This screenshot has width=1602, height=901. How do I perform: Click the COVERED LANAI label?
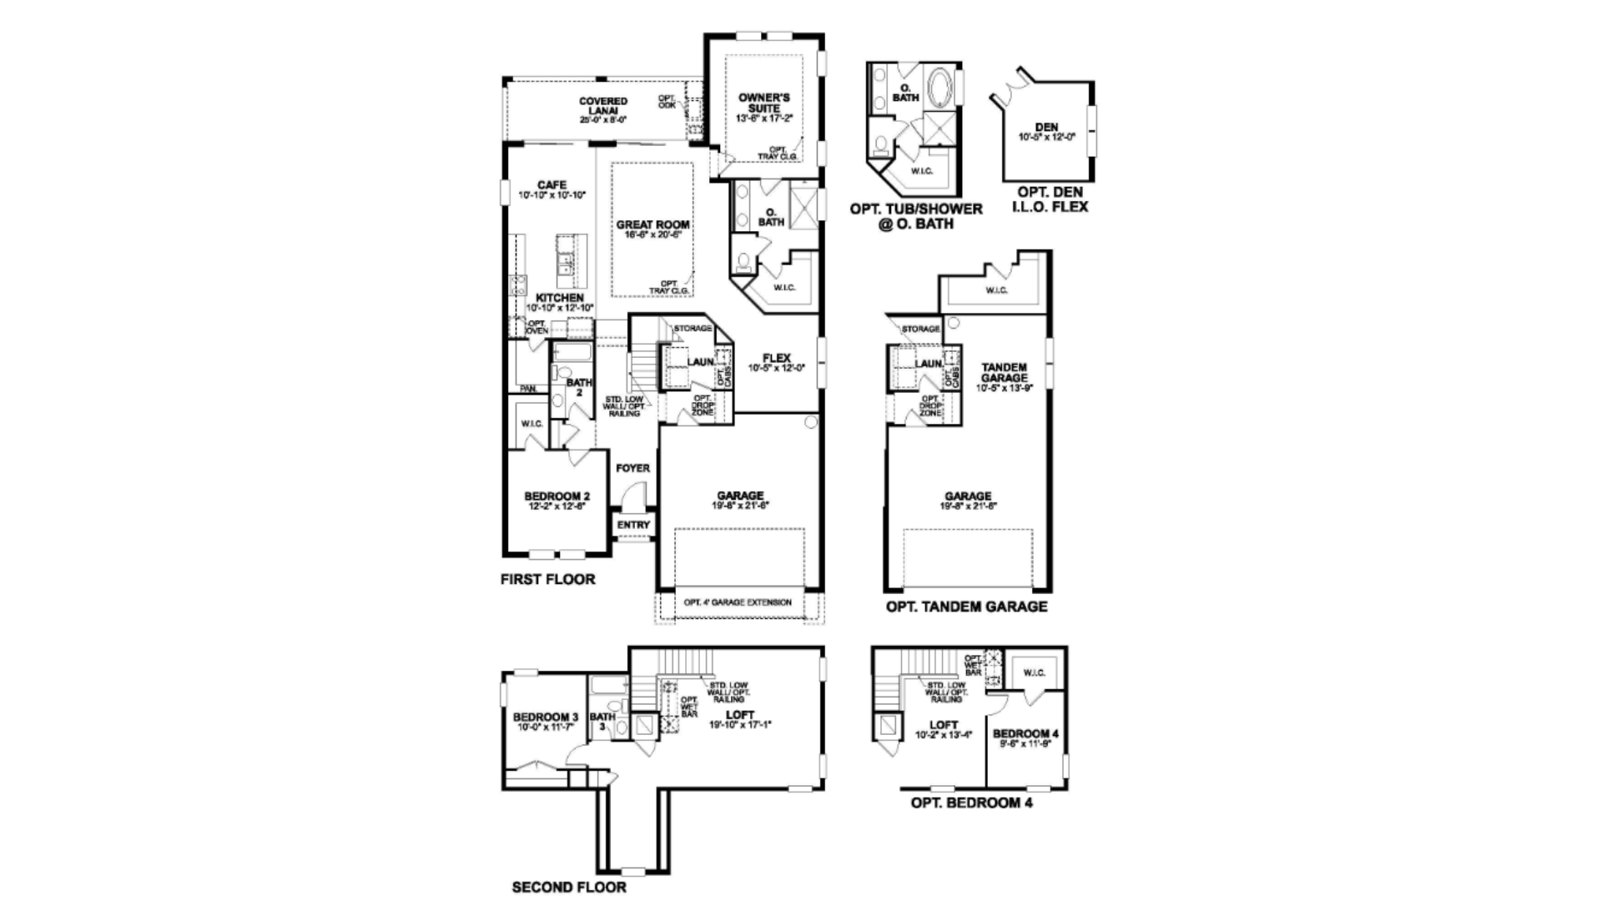pyautogui.click(x=603, y=107)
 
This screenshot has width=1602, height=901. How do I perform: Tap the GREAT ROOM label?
pyautogui.click(x=652, y=225)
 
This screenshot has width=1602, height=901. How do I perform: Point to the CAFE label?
pyautogui.click(x=552, y=186)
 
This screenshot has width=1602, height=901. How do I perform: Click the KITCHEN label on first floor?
pyautogui.click(x=559, y=298)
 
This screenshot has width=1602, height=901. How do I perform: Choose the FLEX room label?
pyautogui.click(x=776, y=359)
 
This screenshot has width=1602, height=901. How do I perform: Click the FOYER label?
pyautogui.click(x=632, y=469)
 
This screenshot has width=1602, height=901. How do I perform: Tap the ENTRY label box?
pyautogui.click(x=633, y=525)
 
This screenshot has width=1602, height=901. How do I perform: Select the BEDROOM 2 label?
pyautogui.click(x=557, y=497)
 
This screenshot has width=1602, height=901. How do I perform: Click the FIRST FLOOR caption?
pyautogui.click(x=547, y=579)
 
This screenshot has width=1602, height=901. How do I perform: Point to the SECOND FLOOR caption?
pyautogui.click(x=568, y=887)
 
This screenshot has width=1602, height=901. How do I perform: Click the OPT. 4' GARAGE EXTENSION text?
pyautogui.click(x=737, y=602)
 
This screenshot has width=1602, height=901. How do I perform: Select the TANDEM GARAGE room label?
pyautogui.click(x=1004, y=373)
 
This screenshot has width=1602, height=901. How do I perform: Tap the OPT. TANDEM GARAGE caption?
pyautogui.click(x=966, y=607)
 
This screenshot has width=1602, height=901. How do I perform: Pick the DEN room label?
pyautogui.click(x=1046, y=128)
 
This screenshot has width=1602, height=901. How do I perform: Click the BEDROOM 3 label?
pyautogui.click(x=545, y=717)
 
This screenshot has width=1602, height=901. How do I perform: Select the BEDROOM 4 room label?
pyautogui.click(x=1025, y=734)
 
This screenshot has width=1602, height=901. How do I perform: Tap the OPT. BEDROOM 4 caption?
pyautogui.click(x=971, y=803)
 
